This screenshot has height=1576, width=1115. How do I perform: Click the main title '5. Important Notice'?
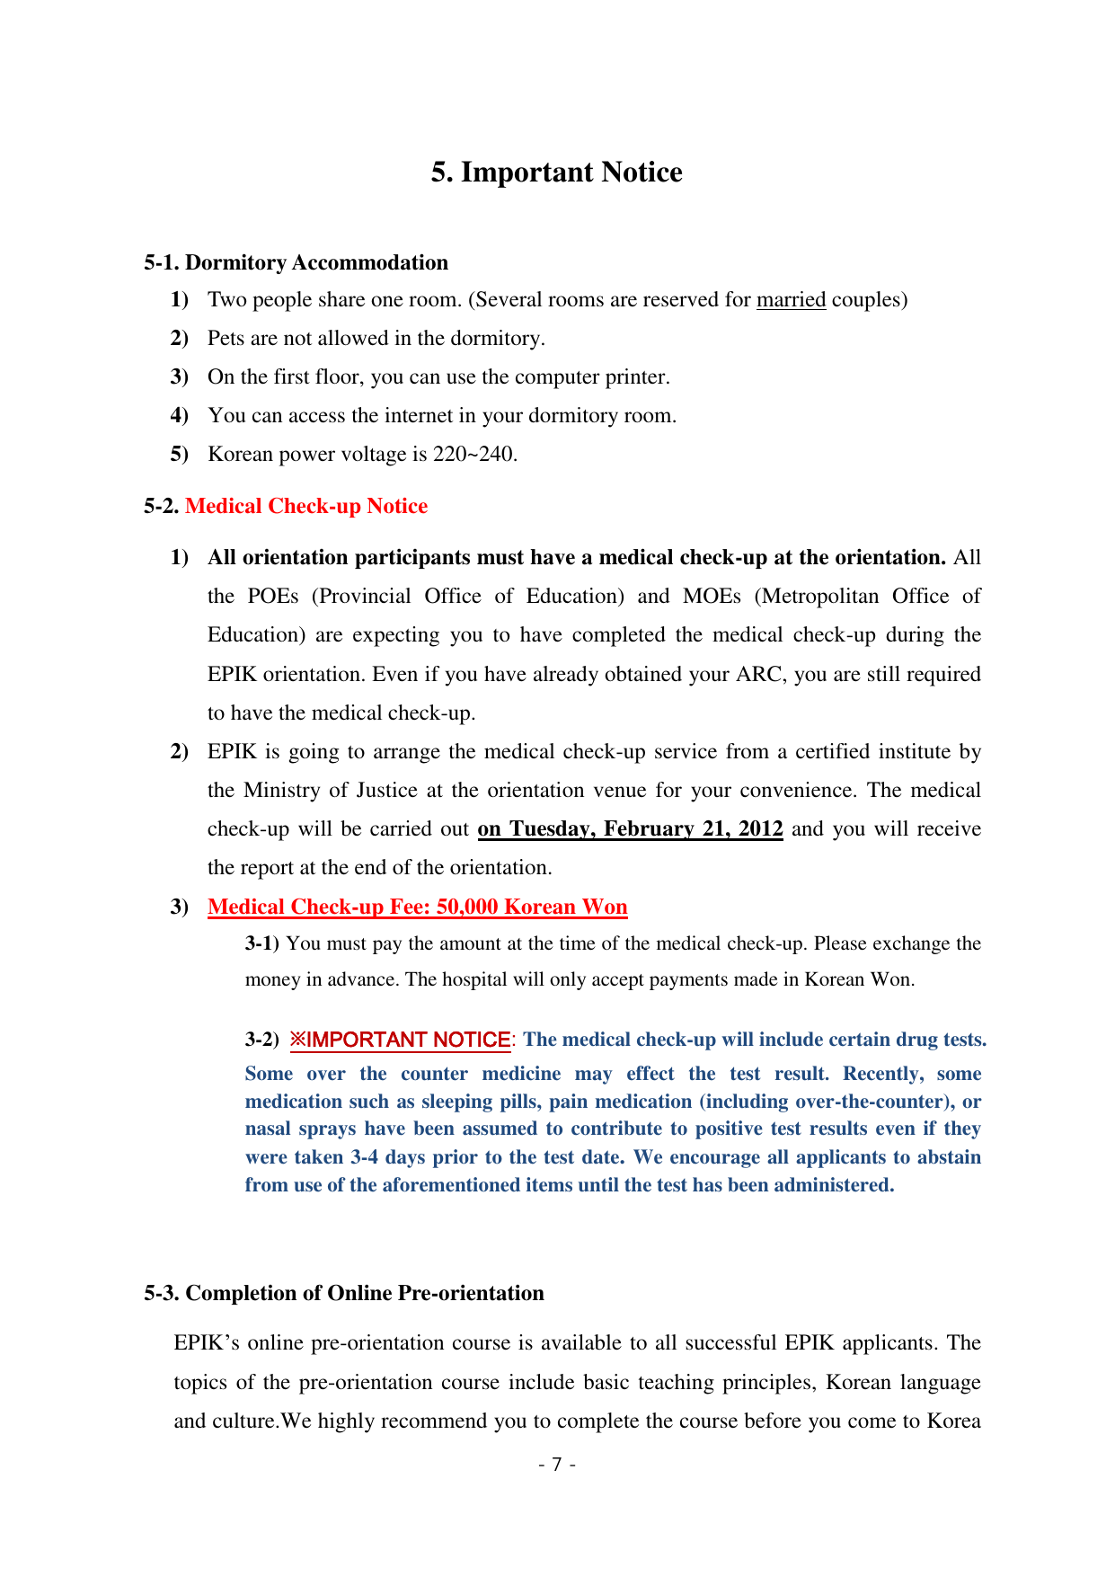(x=556, y=173)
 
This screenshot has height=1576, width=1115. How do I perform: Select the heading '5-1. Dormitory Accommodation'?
(x=296, y=262)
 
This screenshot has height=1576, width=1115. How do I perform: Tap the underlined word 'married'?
(x=791, y=300)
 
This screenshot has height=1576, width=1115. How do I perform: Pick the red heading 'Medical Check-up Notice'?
(x=305, y=507)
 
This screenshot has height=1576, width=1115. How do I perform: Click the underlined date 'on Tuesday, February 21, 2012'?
(x=630, y=829)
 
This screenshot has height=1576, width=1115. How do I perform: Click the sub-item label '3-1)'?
(x=262, y=944)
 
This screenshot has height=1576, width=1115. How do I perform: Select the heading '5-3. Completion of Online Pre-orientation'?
(x=344, y=1294)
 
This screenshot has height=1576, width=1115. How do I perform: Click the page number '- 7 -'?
(x=557, y=1465)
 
